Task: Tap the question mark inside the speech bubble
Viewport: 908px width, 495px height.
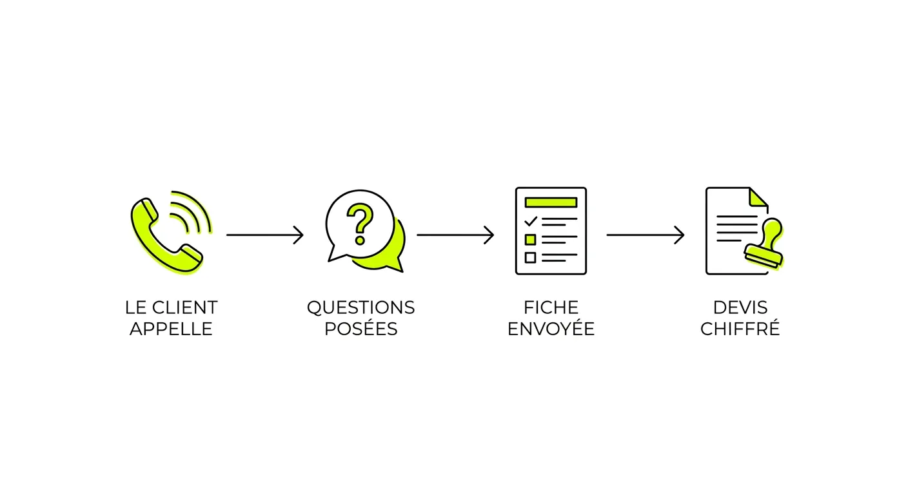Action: [360, 224]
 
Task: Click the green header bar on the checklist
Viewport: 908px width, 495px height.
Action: [551, 202]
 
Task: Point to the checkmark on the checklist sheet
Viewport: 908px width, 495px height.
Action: [531, 221]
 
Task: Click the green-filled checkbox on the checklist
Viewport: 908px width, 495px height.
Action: [530, 239]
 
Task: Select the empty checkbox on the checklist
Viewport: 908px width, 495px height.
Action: [530, 257]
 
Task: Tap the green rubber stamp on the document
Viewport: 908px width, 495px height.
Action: [764, 244]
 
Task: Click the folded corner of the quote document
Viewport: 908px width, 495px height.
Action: [758, 197]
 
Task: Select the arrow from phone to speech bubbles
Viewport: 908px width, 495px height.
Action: [264, 235]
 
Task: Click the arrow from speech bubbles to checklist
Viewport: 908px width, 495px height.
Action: [455, 235]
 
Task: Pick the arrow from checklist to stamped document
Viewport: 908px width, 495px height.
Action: [646, 235]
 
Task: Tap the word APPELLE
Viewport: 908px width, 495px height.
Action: [171, 329]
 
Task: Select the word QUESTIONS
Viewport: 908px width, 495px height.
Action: [360, 307]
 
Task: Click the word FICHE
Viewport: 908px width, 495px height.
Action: [551, 307]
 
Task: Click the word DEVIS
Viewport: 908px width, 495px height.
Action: [740, 307]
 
